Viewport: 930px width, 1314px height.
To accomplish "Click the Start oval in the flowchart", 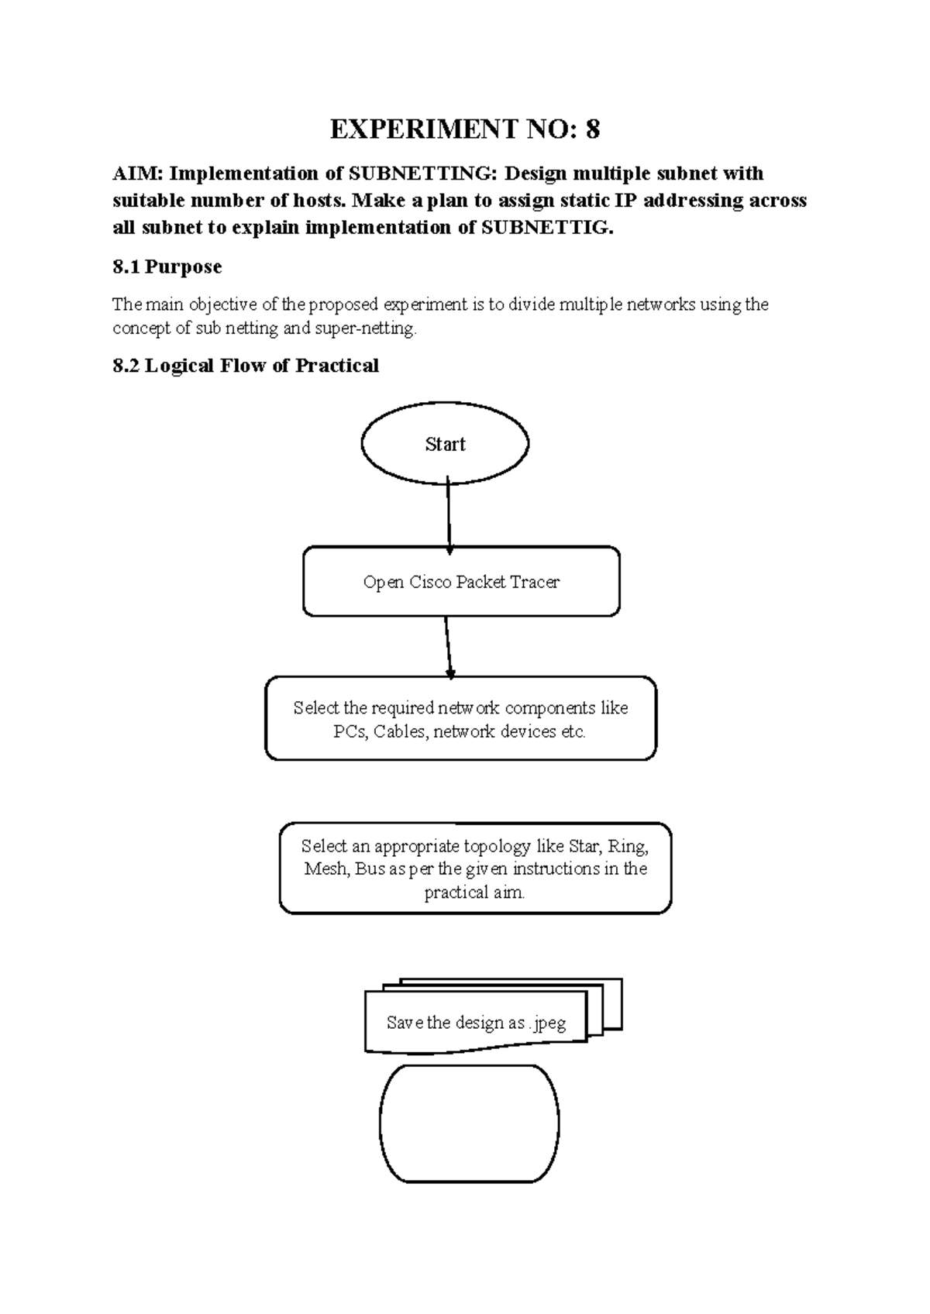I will point(445,444).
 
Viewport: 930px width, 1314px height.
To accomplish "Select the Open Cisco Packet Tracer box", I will point(461,582).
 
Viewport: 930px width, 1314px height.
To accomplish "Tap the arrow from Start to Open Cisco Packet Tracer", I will point(449,514).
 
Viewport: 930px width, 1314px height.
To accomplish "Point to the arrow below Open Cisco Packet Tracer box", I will point(448,646).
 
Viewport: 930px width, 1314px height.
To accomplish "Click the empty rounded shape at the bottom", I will point(469,1123).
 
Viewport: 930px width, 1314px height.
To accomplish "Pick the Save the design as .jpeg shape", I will point(476,1023).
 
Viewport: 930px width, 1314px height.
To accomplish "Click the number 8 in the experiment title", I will point(592,129).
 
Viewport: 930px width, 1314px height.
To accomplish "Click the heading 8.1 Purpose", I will point(167,267).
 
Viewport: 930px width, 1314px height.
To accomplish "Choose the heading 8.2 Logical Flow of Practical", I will point(246,366).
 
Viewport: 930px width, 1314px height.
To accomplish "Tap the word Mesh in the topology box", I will point(325,869).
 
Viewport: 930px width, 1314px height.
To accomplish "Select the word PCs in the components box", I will point(350,731).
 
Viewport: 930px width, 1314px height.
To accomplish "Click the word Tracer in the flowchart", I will point(535,582).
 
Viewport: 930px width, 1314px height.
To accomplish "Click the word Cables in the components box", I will point(400,731).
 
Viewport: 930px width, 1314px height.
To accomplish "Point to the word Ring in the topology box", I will point(628,846).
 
